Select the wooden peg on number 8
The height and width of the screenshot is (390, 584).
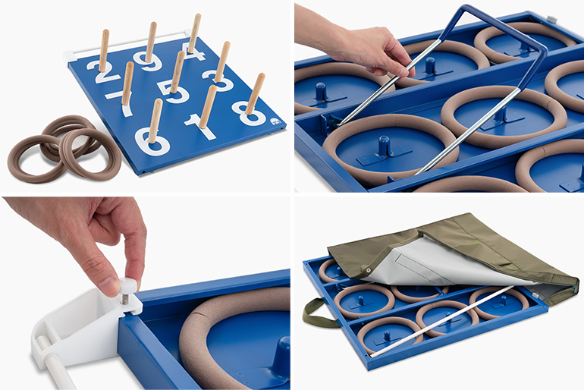(x=255, y=94)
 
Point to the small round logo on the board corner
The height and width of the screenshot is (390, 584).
(x=275, y=122)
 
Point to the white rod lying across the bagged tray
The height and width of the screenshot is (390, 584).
(x=441, y=322)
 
